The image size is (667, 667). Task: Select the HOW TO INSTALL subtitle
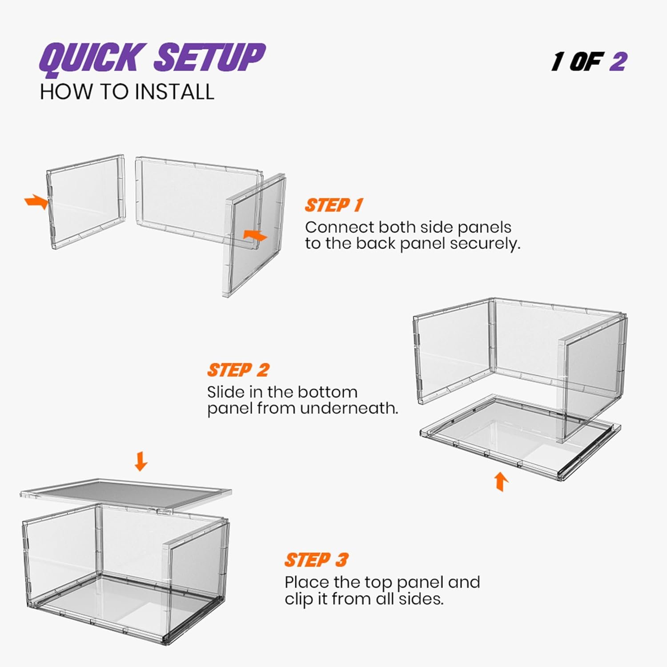(x=127, y=92)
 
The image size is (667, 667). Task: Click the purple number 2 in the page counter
(x=618, y=62)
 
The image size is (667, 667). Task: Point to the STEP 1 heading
(x=333, y=205)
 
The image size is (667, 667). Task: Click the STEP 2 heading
(x=238, y=370)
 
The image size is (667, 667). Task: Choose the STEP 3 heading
(x=316, y=560)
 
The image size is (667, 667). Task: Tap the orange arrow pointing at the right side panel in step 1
(x=255, y=236)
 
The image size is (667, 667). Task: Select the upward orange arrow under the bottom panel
(x=502, y=482)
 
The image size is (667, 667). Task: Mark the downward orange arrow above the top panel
(x=141, y=461)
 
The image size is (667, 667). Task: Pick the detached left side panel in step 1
(x=86, y=201)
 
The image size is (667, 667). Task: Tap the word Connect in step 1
(x=340, y=227)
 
